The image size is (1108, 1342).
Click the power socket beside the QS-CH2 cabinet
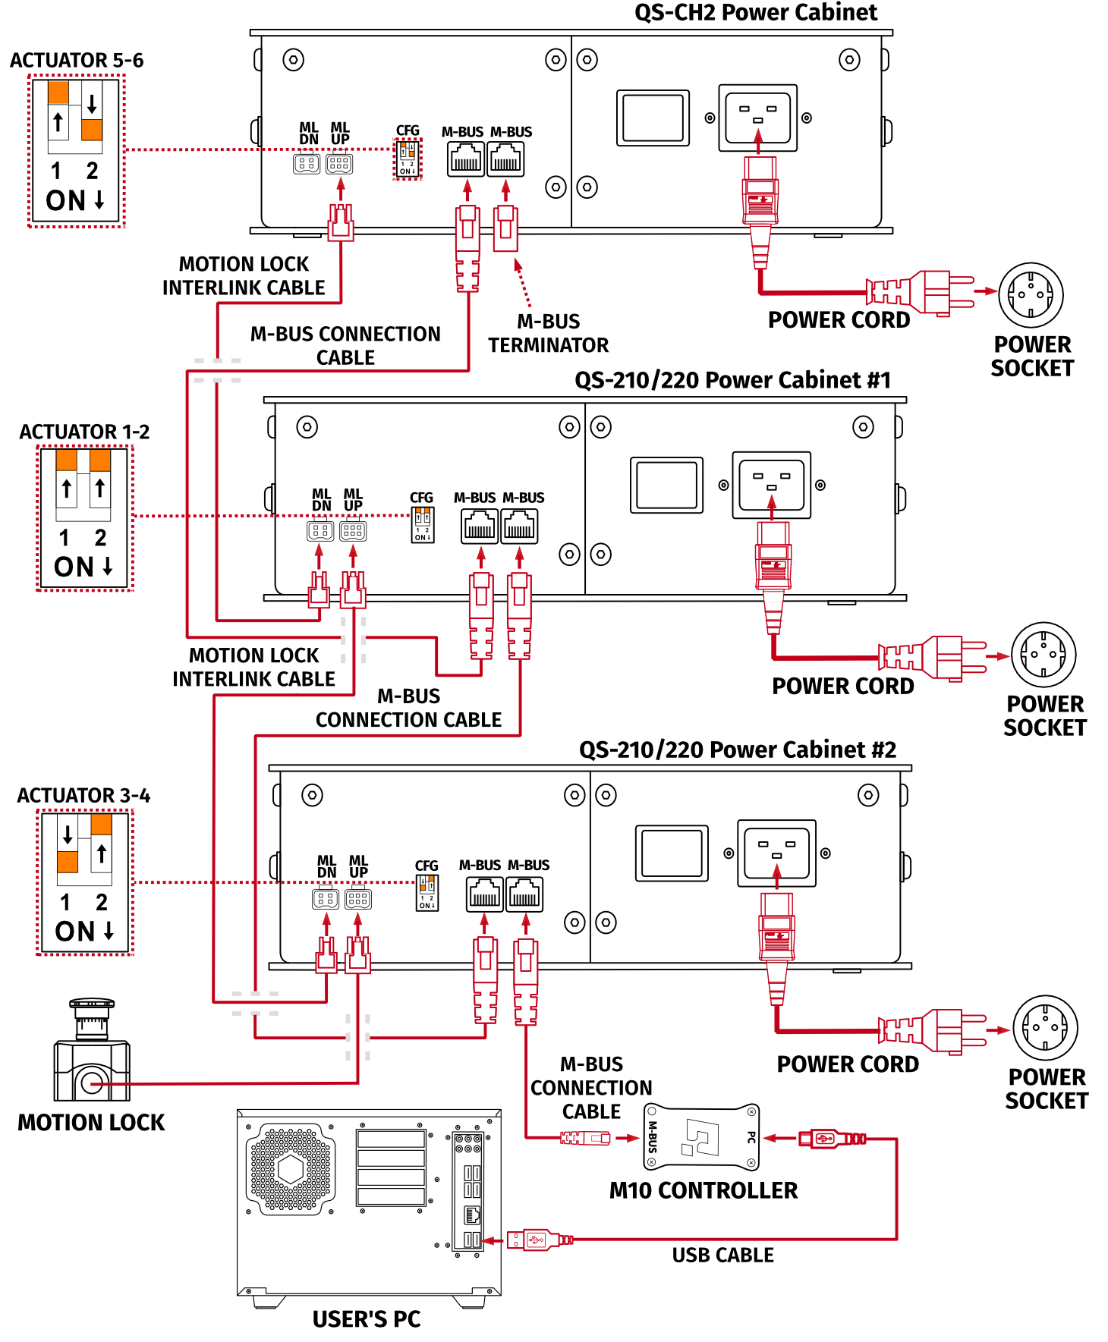tap(1030, 295)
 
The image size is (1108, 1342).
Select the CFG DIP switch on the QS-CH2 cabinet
tap(408, 159)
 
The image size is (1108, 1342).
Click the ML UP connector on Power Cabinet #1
tap(353, 530)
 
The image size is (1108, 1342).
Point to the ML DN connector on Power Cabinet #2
tap(326, 898)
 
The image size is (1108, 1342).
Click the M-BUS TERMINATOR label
tap(548, 333)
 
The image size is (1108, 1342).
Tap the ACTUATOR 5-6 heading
tap(77, 61)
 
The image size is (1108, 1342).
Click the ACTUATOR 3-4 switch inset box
tap(85, 882)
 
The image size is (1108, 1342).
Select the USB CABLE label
tap(722, 1255)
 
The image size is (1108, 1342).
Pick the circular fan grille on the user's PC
tap(291, 1169)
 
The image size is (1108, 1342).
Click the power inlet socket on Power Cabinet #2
tap(776, 853)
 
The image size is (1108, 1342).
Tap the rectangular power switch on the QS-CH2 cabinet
tap(653, 118)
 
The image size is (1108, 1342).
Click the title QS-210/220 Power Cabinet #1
tap(732, 380)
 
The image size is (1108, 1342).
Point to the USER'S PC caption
tap(367, 1319)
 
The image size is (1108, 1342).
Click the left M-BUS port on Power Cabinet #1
tap(480, 526)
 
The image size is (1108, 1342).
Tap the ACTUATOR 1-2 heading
tap(84, 432)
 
